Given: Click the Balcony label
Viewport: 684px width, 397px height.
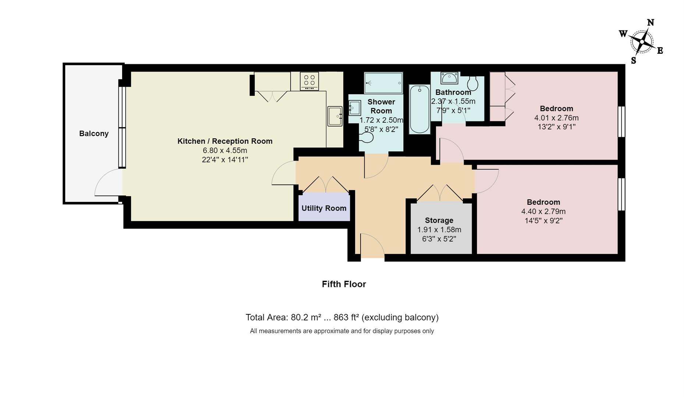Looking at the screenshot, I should click(94, 133).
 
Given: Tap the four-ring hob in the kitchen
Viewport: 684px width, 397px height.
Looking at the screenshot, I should click(309, 81).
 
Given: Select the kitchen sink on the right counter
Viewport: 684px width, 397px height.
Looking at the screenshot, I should click(334, 116).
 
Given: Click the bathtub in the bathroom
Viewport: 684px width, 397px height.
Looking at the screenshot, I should click(419, 109).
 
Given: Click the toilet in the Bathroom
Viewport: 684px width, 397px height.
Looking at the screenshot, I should click(473, 83).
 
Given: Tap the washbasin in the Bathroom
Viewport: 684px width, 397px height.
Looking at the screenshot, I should click(449, 78).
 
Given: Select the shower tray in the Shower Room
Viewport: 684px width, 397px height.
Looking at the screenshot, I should click(383, 83).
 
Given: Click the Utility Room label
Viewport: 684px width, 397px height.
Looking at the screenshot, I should click(324, 208).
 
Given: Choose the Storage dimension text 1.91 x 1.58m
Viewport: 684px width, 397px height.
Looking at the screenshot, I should click(439, 230).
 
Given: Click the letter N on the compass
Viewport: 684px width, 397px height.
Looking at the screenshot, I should click(651, 23).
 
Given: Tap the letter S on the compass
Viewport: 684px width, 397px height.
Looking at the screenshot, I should click(634, 61).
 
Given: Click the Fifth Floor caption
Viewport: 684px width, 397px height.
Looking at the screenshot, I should click(344, 284).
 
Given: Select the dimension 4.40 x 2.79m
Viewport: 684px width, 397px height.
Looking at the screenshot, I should click(543, 211).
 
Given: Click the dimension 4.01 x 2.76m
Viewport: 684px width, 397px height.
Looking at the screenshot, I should click(556, 118).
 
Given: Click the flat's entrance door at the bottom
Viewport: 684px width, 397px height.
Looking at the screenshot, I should click(372, 246).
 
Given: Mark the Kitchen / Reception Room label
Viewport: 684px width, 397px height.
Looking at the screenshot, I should click(225, 141).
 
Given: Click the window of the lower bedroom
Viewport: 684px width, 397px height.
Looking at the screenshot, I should click(621, 194).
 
